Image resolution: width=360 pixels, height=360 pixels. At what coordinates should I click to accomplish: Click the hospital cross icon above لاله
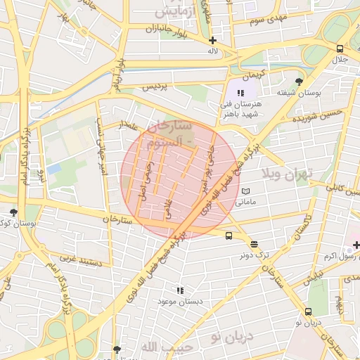tap(212, 40)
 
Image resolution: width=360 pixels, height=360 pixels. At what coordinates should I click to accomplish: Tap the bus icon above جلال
tap(340, 49)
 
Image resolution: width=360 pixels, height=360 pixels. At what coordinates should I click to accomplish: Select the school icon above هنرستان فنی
tap(240, 92)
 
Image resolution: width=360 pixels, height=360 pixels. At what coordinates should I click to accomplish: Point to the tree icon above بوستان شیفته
tap(299, 82)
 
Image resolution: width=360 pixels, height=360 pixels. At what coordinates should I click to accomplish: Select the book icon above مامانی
tap(245, 191)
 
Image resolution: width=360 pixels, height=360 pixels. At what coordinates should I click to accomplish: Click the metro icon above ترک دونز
tap(255, 244)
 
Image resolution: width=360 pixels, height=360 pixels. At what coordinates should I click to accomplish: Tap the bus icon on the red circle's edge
tap(230, 236)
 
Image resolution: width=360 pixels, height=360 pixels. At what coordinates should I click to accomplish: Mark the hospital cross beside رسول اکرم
tap(356, 245)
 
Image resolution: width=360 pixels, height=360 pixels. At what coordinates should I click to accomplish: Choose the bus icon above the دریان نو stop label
tap(308, 311)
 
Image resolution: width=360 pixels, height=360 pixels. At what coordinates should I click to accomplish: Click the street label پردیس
tap(156, 88)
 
